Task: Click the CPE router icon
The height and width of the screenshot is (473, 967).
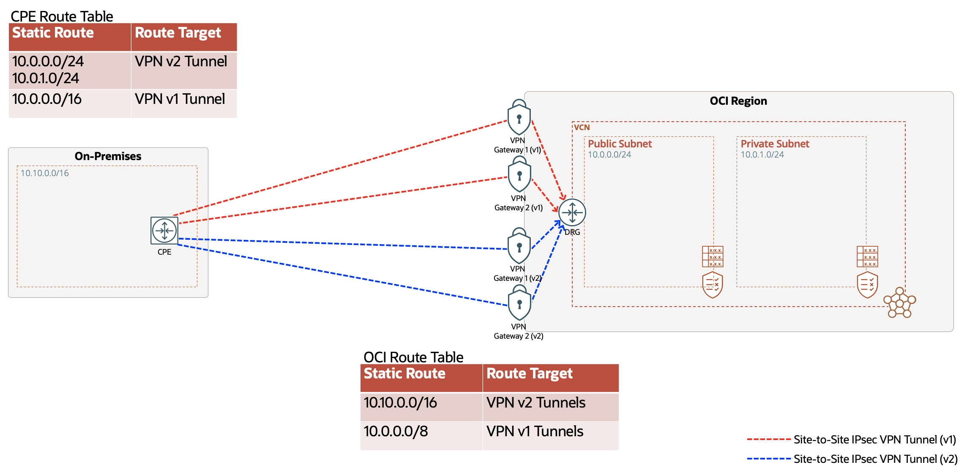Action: tap(164, 231)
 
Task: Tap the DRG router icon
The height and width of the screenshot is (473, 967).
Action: tap(572, 212)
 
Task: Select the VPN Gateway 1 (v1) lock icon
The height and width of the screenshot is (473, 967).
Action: tap(519, 118)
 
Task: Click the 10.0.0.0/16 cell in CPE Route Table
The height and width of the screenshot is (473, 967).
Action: tap(47, 99)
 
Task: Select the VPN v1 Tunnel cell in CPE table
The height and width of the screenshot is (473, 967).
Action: tap(180, 99)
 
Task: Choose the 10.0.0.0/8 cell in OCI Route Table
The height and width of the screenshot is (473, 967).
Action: tap(396, 432)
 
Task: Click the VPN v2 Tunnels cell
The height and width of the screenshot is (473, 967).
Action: tap(535, 403)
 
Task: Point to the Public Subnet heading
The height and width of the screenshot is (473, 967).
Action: tap(620, 144)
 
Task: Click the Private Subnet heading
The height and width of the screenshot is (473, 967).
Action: tap(775, 144)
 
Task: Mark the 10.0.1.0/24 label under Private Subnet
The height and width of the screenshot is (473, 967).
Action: tap(762, 155)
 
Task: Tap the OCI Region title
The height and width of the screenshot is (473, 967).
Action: tap(738, 101)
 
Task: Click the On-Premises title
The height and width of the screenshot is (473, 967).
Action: tap(108, 156)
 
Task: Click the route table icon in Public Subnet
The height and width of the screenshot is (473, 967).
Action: tap(713, 256)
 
